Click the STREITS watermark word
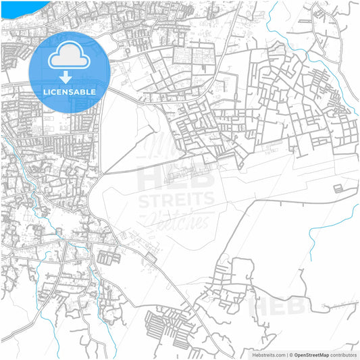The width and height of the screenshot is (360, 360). coord(176,200)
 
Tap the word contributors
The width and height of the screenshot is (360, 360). coord(344,354)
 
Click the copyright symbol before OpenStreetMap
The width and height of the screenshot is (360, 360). coord(290,354)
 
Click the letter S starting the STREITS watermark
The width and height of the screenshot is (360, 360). coord(143,200)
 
